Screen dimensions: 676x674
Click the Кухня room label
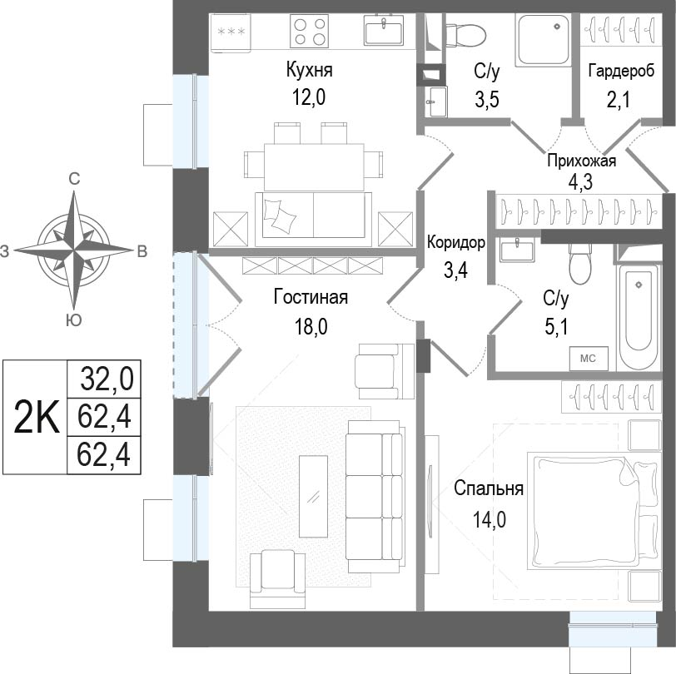(309, 70)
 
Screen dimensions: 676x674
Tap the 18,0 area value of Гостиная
(311, 327)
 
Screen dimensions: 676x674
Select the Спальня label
(489, 488)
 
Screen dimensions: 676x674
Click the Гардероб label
(621, 70)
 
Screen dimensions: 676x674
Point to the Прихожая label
(582, 161)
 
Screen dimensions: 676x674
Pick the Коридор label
(456, 243)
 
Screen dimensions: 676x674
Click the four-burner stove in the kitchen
(309, 31)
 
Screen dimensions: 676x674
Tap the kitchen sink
(384, 30)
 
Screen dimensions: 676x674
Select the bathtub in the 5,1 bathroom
(639, 317)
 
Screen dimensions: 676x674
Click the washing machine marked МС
(589, 359)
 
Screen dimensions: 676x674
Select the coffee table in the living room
(313, 496)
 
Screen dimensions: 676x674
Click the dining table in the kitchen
(315, 167)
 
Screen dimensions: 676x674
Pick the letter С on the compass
(74, 178)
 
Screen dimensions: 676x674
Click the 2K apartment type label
(36, 417)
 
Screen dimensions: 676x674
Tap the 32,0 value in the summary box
(107, 379)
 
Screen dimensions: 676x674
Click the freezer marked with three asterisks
(231, 32)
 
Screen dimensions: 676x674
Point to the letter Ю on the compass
(74, 320)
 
